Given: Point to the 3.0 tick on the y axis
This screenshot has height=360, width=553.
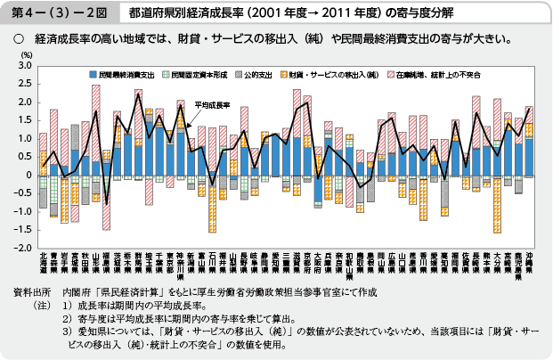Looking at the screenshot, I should (22, 67).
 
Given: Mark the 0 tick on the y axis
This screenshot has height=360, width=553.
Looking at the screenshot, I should (27, 176).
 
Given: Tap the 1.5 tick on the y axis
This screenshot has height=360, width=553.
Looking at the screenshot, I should (22, 121).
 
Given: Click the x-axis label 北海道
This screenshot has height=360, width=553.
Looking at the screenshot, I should (43, 266).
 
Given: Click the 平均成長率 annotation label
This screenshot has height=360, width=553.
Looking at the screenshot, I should (212, 104).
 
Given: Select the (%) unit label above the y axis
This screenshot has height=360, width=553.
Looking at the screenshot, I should (20, 55).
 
